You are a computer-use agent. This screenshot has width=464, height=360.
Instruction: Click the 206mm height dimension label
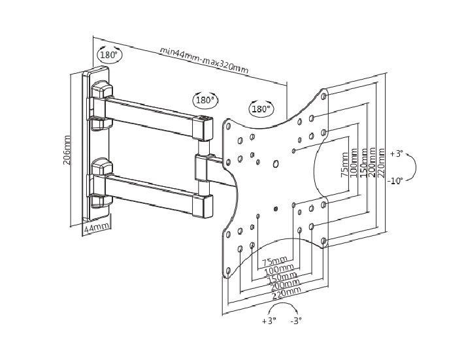[67, 150]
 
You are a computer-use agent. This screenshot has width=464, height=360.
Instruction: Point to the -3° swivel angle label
[296, 321]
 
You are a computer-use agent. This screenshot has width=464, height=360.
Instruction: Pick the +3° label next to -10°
[396, 154]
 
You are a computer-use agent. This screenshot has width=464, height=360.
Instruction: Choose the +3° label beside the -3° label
[269, 321]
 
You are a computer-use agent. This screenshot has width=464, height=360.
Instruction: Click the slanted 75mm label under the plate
[274, 261]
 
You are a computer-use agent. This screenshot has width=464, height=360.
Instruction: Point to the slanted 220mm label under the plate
[288, 293]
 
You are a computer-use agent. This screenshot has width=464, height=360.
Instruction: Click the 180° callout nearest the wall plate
[108, 55]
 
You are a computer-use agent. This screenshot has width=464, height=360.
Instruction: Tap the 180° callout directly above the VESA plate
[261, 109]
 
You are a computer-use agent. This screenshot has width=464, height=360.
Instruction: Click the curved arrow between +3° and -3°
[283, 308]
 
